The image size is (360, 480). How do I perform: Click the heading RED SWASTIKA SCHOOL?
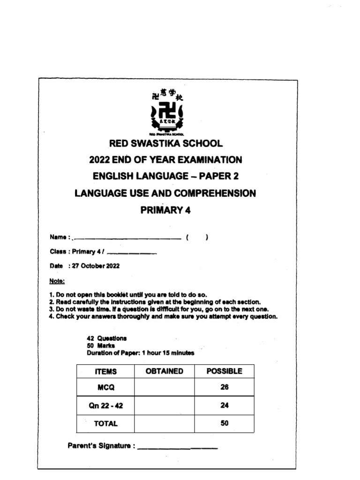coord(166,143)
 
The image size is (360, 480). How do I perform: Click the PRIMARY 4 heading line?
coord(166,210)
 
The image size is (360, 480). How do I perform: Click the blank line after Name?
coord(127,238)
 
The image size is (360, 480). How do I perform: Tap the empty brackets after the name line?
coord(196,238)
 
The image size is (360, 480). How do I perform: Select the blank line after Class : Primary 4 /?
coord(132,253)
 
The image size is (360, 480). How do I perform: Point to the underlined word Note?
coord(57,281)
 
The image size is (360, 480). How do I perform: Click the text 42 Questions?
coord(106,338)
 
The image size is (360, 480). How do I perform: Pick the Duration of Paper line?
coord(140,353)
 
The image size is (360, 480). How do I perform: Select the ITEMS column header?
coord(105,372)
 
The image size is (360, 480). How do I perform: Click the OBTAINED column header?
coord(164,371)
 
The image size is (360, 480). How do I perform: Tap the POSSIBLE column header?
coord(224,371)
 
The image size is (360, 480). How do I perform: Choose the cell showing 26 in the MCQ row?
coord(224,388)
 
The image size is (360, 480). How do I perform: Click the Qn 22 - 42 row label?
coord(105,406)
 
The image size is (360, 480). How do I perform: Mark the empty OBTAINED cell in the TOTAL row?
coord(164,423)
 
